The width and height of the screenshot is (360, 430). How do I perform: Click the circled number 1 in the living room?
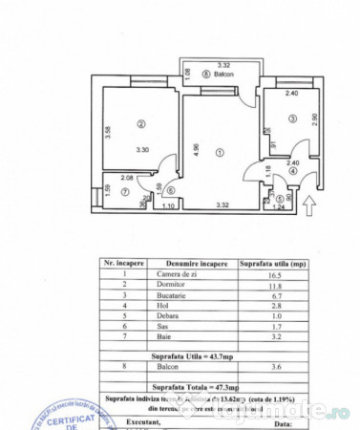click(x=221, y=151)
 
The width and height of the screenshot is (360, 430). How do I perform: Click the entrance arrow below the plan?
click(x=307, y=203)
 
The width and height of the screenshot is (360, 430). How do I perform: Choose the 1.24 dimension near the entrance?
click(x=279, y=206)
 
